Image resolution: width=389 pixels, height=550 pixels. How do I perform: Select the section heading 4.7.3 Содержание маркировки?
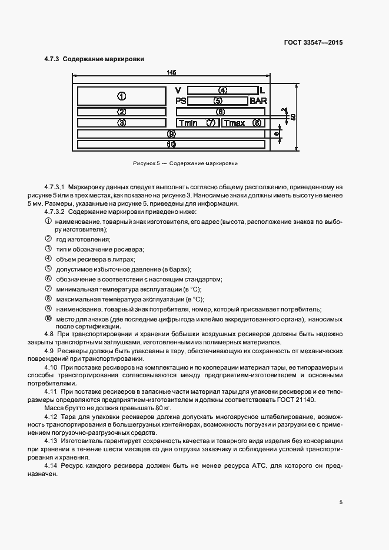pos(94,59)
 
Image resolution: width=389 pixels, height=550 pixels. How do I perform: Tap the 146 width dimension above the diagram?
pos(171,72)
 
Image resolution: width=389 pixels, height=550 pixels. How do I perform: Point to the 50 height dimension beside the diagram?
pos(292,116)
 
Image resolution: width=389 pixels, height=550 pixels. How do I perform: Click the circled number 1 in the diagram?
pos(121,96)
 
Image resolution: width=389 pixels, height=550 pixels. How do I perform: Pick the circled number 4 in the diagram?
pos(222,90)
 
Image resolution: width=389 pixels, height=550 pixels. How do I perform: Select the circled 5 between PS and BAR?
pos(218,101)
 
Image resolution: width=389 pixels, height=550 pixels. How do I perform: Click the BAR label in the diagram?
pos(258,101)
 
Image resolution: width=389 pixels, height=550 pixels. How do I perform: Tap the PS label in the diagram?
pos(181,101)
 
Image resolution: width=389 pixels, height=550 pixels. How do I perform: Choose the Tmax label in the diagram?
pos(234,123)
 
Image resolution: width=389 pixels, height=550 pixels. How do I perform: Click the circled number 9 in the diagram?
pos(171,134)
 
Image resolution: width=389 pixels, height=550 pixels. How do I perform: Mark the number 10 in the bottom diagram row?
pos(171,143)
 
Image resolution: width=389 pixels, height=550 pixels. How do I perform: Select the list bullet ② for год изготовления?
pos(49,239)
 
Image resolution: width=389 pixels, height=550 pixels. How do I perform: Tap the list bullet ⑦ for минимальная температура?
pos(49,289)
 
